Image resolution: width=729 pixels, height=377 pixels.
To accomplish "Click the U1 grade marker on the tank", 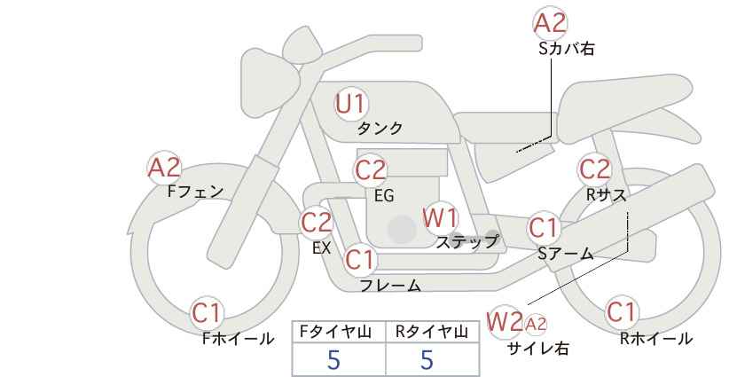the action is pos(351,104).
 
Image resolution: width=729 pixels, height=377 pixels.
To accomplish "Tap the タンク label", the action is pos(380,128).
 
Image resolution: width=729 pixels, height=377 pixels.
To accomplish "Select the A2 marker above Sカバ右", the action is pos(550,23).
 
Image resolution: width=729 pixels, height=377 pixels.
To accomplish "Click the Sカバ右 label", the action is pos(567,49).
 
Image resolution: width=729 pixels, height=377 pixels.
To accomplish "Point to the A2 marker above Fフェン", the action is pos(164,168).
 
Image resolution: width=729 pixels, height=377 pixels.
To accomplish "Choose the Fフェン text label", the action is pos(195,192).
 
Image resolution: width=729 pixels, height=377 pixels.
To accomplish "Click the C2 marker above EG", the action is pos(370,170).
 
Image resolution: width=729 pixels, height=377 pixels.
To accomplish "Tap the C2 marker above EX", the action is pos(317,222).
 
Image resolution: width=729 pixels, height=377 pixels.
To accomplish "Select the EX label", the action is pos(321,248).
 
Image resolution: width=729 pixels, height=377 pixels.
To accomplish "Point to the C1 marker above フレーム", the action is pos(360,259).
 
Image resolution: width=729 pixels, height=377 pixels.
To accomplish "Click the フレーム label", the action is pos(390,286).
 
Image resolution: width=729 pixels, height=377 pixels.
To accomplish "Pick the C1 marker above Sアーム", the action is pos(544,228).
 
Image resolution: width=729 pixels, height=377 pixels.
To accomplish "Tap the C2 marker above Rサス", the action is pos(594,169).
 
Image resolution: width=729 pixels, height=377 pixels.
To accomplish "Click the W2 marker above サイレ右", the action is pos(504,321).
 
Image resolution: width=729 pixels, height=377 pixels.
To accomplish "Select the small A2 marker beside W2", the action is pos(536,324).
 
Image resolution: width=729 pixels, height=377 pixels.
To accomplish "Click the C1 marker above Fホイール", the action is pos(207,313).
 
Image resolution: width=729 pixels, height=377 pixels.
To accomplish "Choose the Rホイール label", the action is pos(656,339).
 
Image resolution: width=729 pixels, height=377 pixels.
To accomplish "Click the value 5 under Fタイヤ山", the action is pos(333,359).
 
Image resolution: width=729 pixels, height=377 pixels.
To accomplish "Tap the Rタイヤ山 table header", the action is pos(432,332).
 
